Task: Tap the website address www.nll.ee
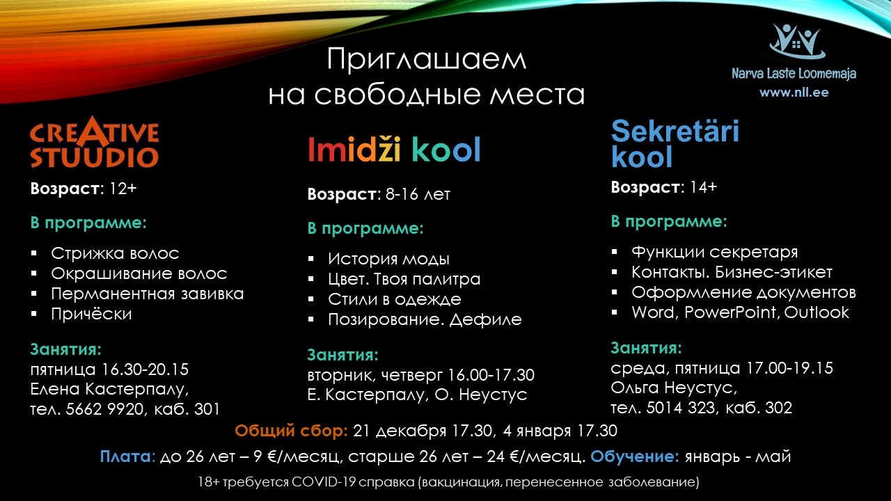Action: (x=794, y=93)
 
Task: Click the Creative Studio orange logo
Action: (x=95, y=142)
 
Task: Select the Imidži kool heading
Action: (x=394, y=150)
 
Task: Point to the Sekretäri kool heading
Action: (x=675, y=143)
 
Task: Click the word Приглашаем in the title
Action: (x=427, y=60)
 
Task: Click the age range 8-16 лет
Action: (x=418, y=194)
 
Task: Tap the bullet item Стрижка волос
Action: (x=115, y=253)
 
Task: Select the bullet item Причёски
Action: (x=91, y=314)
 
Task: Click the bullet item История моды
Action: (x=388, y=260)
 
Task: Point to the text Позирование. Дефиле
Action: (x=425, y=319)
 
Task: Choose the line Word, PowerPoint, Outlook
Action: (x=740, y=312)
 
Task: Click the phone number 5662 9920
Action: (x=104, y=409)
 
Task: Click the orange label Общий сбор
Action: (x=291, y=431)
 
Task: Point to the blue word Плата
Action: (x=126, y=456)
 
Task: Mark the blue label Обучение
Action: (x=635, y=456)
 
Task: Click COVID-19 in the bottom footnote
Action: (x=324, y=482)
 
